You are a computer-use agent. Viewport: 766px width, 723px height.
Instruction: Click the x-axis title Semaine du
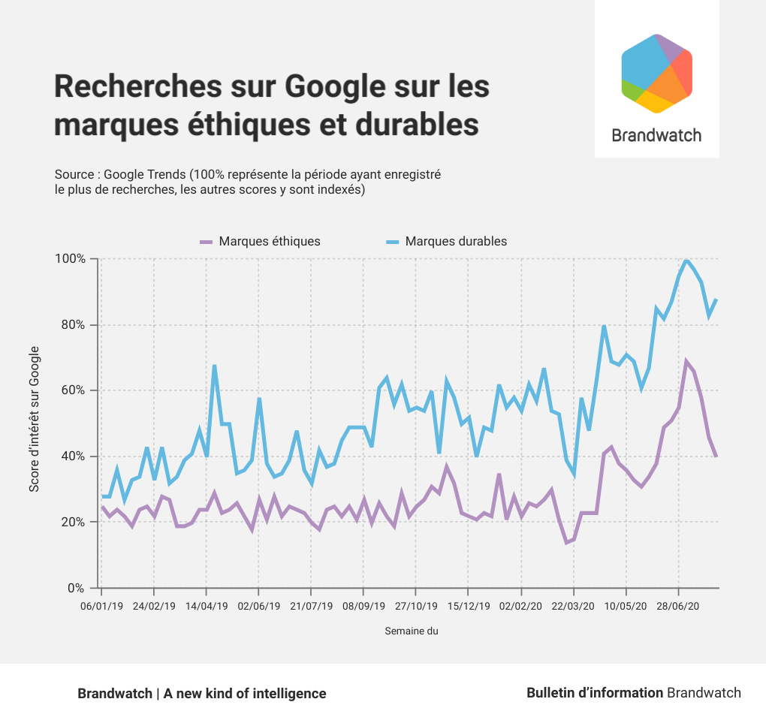(x=412, y=631)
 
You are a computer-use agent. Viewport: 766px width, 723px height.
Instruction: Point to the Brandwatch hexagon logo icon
(x=656, y=74)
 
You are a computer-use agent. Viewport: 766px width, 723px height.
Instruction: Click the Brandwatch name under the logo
(x=656, y=136)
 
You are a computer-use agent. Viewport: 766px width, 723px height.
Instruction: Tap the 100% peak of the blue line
(x=686, y=260)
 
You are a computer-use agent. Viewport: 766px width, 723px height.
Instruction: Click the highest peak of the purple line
(x=686, y=362)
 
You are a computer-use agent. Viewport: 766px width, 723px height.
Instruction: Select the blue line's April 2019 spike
(x=214, y=366)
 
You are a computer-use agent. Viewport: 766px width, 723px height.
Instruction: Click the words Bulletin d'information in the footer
(x=595, y=693)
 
